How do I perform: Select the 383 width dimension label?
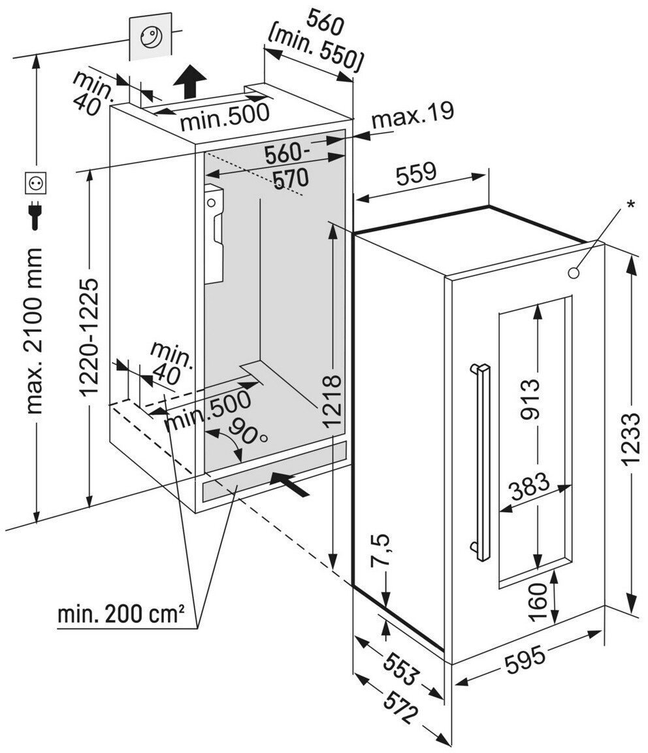[530, 488]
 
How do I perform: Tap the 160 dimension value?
[539, 600]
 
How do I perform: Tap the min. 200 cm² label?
[121, 614]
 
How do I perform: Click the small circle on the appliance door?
[574, 272]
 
